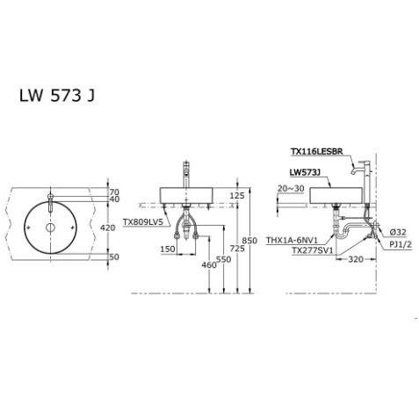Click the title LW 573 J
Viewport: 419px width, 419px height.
point(58,96)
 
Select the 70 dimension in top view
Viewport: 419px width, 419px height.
point(112,191)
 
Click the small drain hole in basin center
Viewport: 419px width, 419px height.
point(51,228)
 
